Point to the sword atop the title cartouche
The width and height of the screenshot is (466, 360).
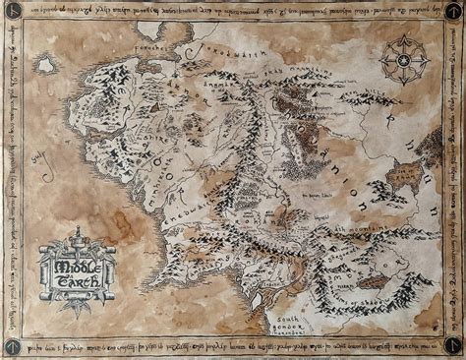pos(77,236)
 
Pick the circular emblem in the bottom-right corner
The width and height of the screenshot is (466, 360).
pos(453,347)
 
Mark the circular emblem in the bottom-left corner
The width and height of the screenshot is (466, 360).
pos(13,347)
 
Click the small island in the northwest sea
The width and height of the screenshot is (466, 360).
pos(45,65)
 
